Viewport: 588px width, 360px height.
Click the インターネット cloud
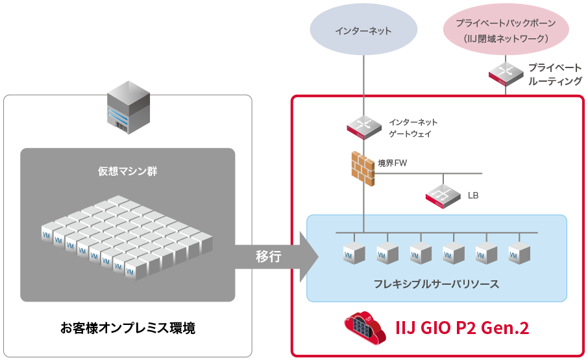[x=363, y=30]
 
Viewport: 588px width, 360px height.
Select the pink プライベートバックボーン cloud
[x=506, y=30]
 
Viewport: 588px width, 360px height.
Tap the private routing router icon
[x=505, y=74]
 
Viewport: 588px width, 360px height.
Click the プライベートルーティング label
[x=554, y=74]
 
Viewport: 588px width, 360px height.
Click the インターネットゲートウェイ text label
[x=413, y=128]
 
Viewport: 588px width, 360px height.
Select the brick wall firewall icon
[x=363, y=169]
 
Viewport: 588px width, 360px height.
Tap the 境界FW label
[x=393, y=163]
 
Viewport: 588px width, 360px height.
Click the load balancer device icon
[x=443, y=195]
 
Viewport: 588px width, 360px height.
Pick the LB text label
[x=473, y=195]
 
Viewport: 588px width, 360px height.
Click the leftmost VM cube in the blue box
[x=354, y=253]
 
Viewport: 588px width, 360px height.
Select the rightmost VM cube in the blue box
[x=519, y=253]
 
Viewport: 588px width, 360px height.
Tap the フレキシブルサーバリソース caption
[x=436, y=284]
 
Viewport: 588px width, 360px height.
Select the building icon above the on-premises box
[x=128, y=107]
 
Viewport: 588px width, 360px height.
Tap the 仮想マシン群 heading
[x=127, y=171]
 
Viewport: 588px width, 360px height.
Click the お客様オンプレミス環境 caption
[x=127, y=328]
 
